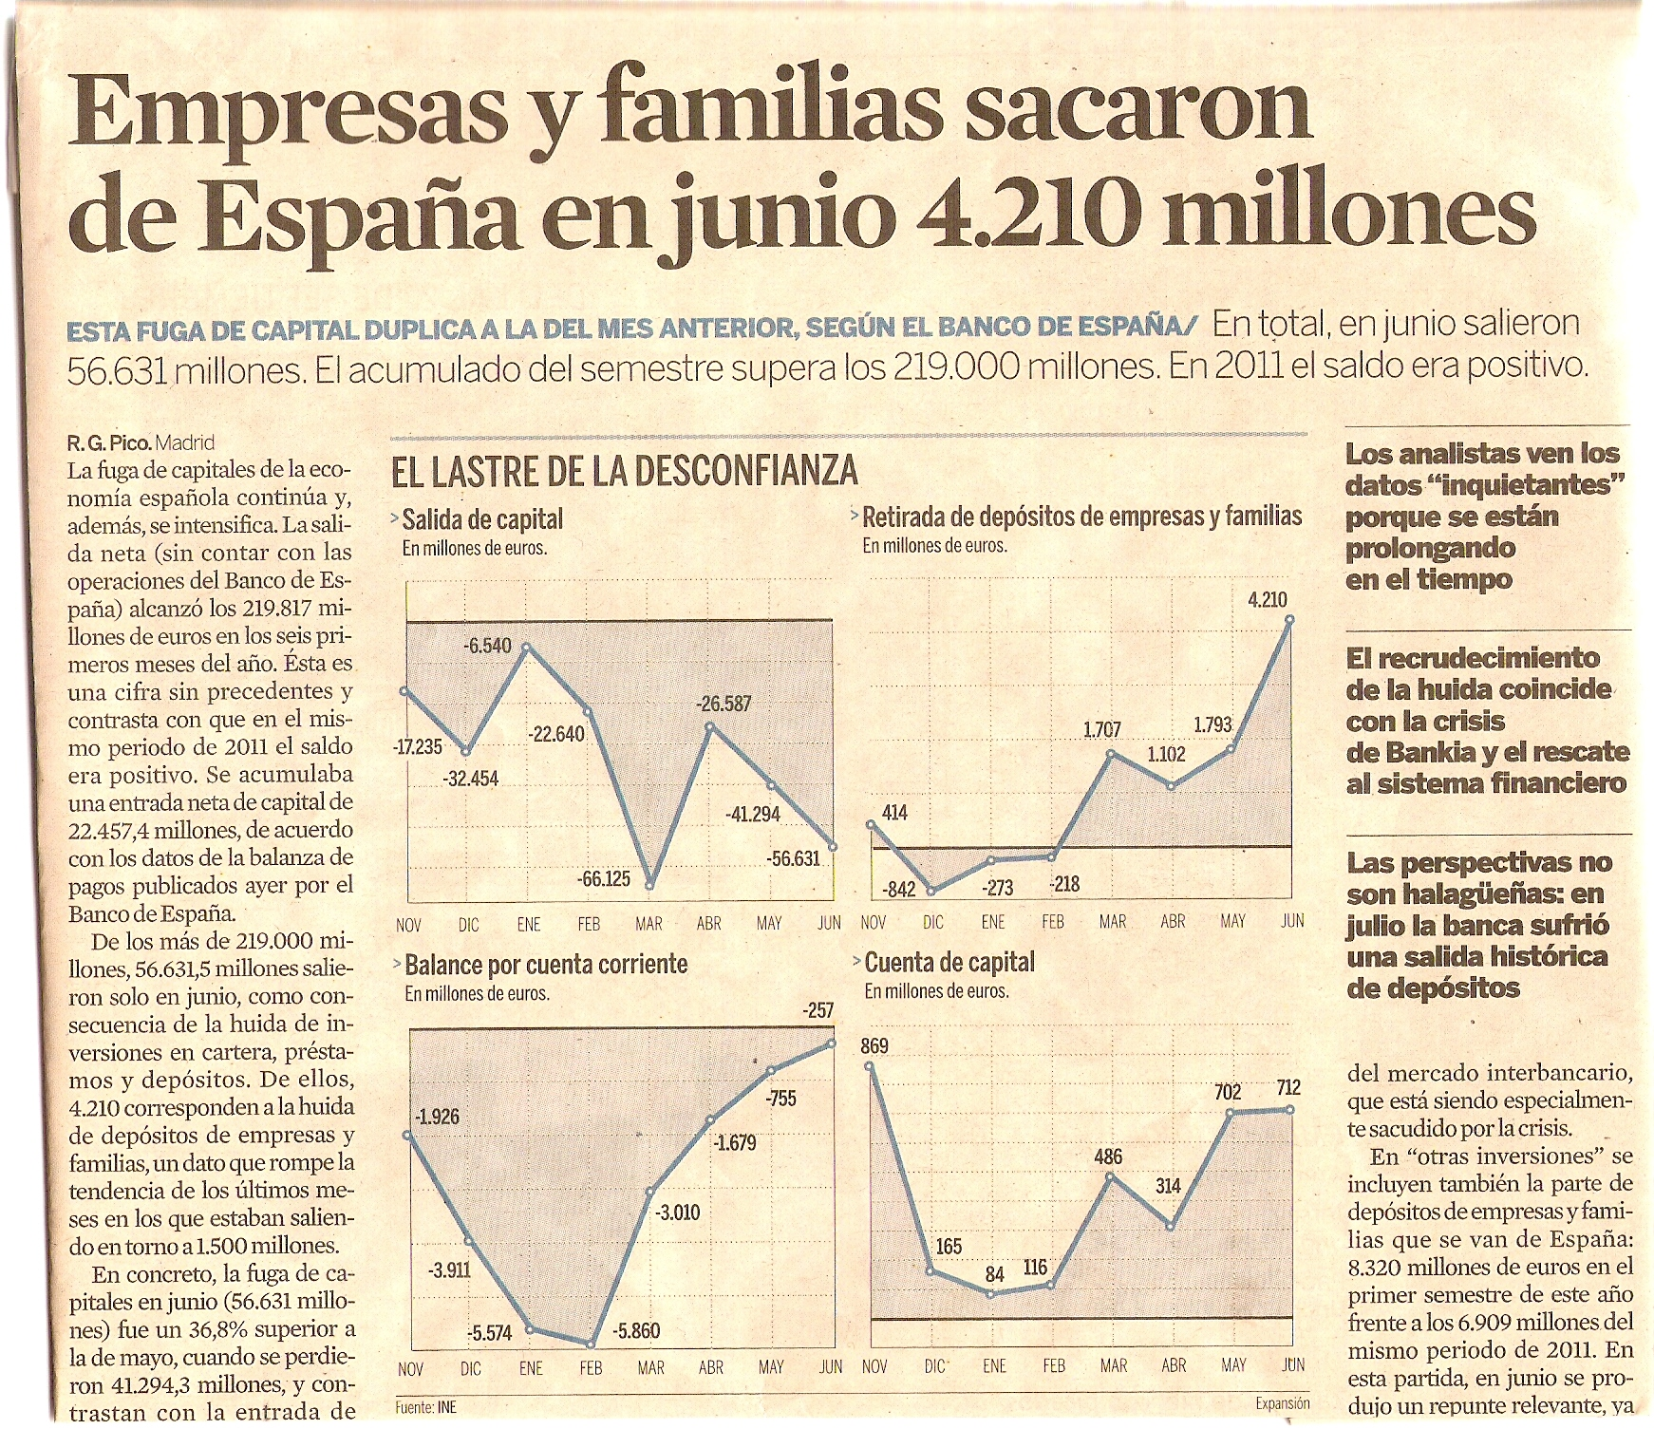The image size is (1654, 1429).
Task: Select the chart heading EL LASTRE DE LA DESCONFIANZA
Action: pyautogui.click(x=625, y=472)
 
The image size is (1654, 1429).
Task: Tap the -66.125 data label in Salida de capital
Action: pyautogui.click(x=604, y=878)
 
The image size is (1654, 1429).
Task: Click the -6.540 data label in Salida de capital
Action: pyautogui.click(x=487, y=646)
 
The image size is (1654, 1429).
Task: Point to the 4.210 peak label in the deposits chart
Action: pyautogui.click(x=1267, y=599)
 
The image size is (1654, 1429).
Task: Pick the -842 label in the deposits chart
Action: pyautogui.click(x=898, y=890)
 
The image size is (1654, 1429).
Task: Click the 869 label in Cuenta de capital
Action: pyautogui.click(x=874, y=1045)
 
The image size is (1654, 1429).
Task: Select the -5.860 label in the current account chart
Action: pyautogui.click(x=636, y=1330)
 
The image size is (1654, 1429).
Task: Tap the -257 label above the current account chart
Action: pyautogui.click(x=818, y=1010)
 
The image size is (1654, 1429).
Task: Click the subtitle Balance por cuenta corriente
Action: pyautogui.click(x=545, y=965)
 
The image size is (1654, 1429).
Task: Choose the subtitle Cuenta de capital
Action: pyautogui.click(x=949, y=962)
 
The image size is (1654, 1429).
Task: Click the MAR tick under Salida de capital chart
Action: pyautogui.click(x=649, y=924)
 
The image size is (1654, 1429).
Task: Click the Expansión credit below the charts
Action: pyautogui.click(x=1282, y=1403)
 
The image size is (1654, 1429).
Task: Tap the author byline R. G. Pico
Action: pyautogui.click(x=109, y=442)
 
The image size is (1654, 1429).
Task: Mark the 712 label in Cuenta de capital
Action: pyautogui.click(x=1287, y=1087)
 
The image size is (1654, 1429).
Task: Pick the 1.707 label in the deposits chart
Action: pyautogui.click(x=1101, y=729)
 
